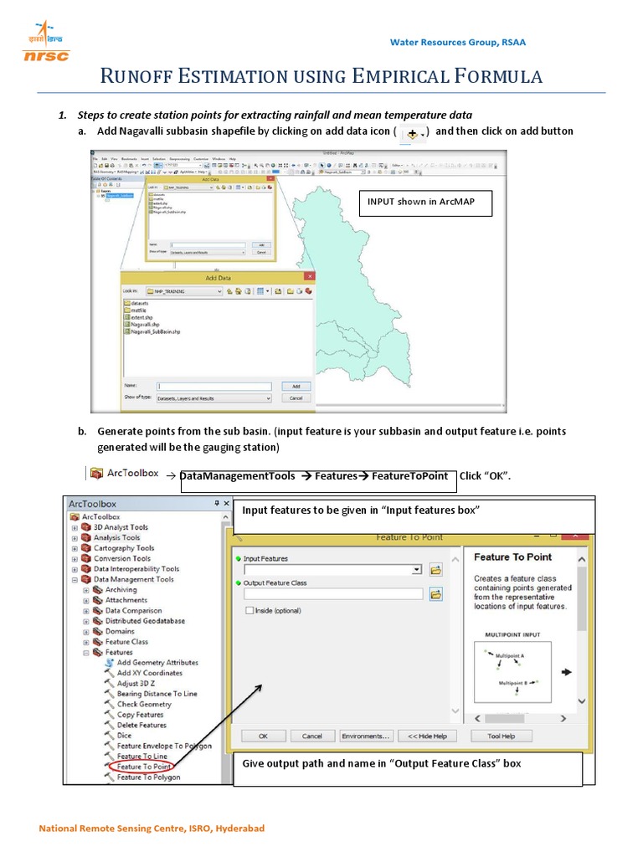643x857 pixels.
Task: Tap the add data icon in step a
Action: click(412, 133)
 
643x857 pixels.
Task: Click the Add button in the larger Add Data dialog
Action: click(295, 386)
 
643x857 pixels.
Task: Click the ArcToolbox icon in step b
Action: click(96, 474)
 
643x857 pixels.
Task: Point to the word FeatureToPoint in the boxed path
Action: click(410, 476)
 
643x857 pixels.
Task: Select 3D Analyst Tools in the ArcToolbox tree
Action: click(121, 527)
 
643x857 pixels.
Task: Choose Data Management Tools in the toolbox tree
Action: click(133, 579)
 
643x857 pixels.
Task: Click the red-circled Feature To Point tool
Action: click(143, 767)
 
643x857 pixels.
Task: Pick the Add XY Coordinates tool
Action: click(149, 673)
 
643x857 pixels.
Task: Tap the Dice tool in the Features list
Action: click(124, 736)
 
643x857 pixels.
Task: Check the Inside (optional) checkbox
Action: click(249, 611)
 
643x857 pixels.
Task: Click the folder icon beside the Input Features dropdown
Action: click(435, 570)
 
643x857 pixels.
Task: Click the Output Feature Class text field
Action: click(333, 594)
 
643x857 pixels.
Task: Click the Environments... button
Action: click(366, 736)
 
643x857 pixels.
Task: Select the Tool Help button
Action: click(501, 736)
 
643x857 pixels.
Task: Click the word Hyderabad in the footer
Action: click(239, 829)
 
